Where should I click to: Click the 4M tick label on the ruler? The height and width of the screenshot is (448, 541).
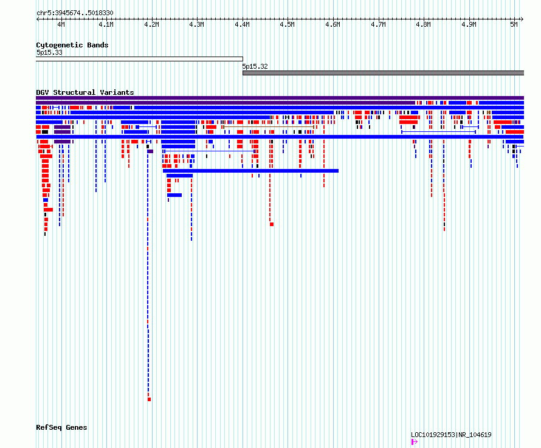click(61, 24)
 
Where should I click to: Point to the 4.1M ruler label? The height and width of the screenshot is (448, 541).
click(106, 24)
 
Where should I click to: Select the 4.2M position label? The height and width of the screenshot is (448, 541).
click(151, 24)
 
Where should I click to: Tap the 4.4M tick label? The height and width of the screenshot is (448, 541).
click(242, 24)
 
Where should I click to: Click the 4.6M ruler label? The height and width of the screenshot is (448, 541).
click(333, 24)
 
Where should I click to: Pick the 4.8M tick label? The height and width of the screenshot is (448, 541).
click(423, 24)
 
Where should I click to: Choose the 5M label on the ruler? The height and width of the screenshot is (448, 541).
click(514, 24)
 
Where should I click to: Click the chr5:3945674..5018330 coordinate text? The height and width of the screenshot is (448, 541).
click(75, 13)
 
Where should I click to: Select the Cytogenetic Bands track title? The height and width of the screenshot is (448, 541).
click(72, 45)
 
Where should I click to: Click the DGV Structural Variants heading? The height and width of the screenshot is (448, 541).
click(85, 92)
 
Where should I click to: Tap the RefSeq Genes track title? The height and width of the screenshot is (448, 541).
click(61, 427)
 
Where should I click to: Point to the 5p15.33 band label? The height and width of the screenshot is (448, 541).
click(49, 53)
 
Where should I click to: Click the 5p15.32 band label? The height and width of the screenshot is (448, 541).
click(255, 67)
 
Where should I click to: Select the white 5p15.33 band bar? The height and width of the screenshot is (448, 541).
click(139, 59)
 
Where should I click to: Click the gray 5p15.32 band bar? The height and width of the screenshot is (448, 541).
click(384, 73)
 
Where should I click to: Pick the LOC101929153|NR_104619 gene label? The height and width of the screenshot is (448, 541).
click(451, 435)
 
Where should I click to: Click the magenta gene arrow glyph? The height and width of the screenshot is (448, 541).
click(415, 442)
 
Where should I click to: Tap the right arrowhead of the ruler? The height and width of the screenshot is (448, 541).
click(522, 19)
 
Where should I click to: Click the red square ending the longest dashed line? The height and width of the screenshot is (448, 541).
click(150, 399)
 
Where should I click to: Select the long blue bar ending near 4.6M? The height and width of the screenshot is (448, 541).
click(250, 171)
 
